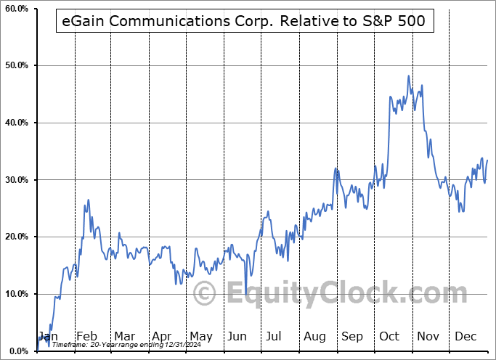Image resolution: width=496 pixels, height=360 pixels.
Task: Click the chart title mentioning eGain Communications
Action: pyautogui.click(x=245, y=22)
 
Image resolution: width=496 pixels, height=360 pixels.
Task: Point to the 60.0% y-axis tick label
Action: pyautogui.click(x=16, y=9)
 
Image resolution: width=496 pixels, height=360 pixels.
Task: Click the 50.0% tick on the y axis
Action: pyautogui.click(x=16, y=65)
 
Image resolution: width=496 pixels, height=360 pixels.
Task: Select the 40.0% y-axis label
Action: pyautogui.click(x=16, y=123)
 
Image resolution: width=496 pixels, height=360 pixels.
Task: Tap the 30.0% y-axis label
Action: pyautogui.click(x=16, y=180)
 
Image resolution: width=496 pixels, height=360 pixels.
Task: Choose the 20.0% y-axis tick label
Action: pyautogui.click(x=16, y=237)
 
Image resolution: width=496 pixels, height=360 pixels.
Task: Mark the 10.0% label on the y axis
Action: pyautogui.click(x=16, y=294)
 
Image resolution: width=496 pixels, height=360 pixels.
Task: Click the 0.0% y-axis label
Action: pyautogui.click(x=17, y=351)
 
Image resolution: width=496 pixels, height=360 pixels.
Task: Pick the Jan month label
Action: pyautogui.click(x=47, y=336)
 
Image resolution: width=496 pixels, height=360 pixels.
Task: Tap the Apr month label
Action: pyautogui.click(x=162, y=336)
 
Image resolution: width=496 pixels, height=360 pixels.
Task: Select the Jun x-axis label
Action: pyautogui.click(x=237, y=336)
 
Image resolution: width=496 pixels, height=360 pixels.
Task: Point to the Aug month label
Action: pyautogui.click(x=314, y=336)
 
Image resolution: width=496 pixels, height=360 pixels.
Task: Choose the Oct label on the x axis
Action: pyautogui.click(x=389, y=336)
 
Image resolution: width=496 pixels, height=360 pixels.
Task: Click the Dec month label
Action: pyautogui.click(x=465, y=336)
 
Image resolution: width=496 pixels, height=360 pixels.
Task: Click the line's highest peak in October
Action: pyautogui.click(x=409, y=75)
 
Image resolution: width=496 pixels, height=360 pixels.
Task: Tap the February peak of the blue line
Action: pyautogui.click(x=89, y=200)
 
